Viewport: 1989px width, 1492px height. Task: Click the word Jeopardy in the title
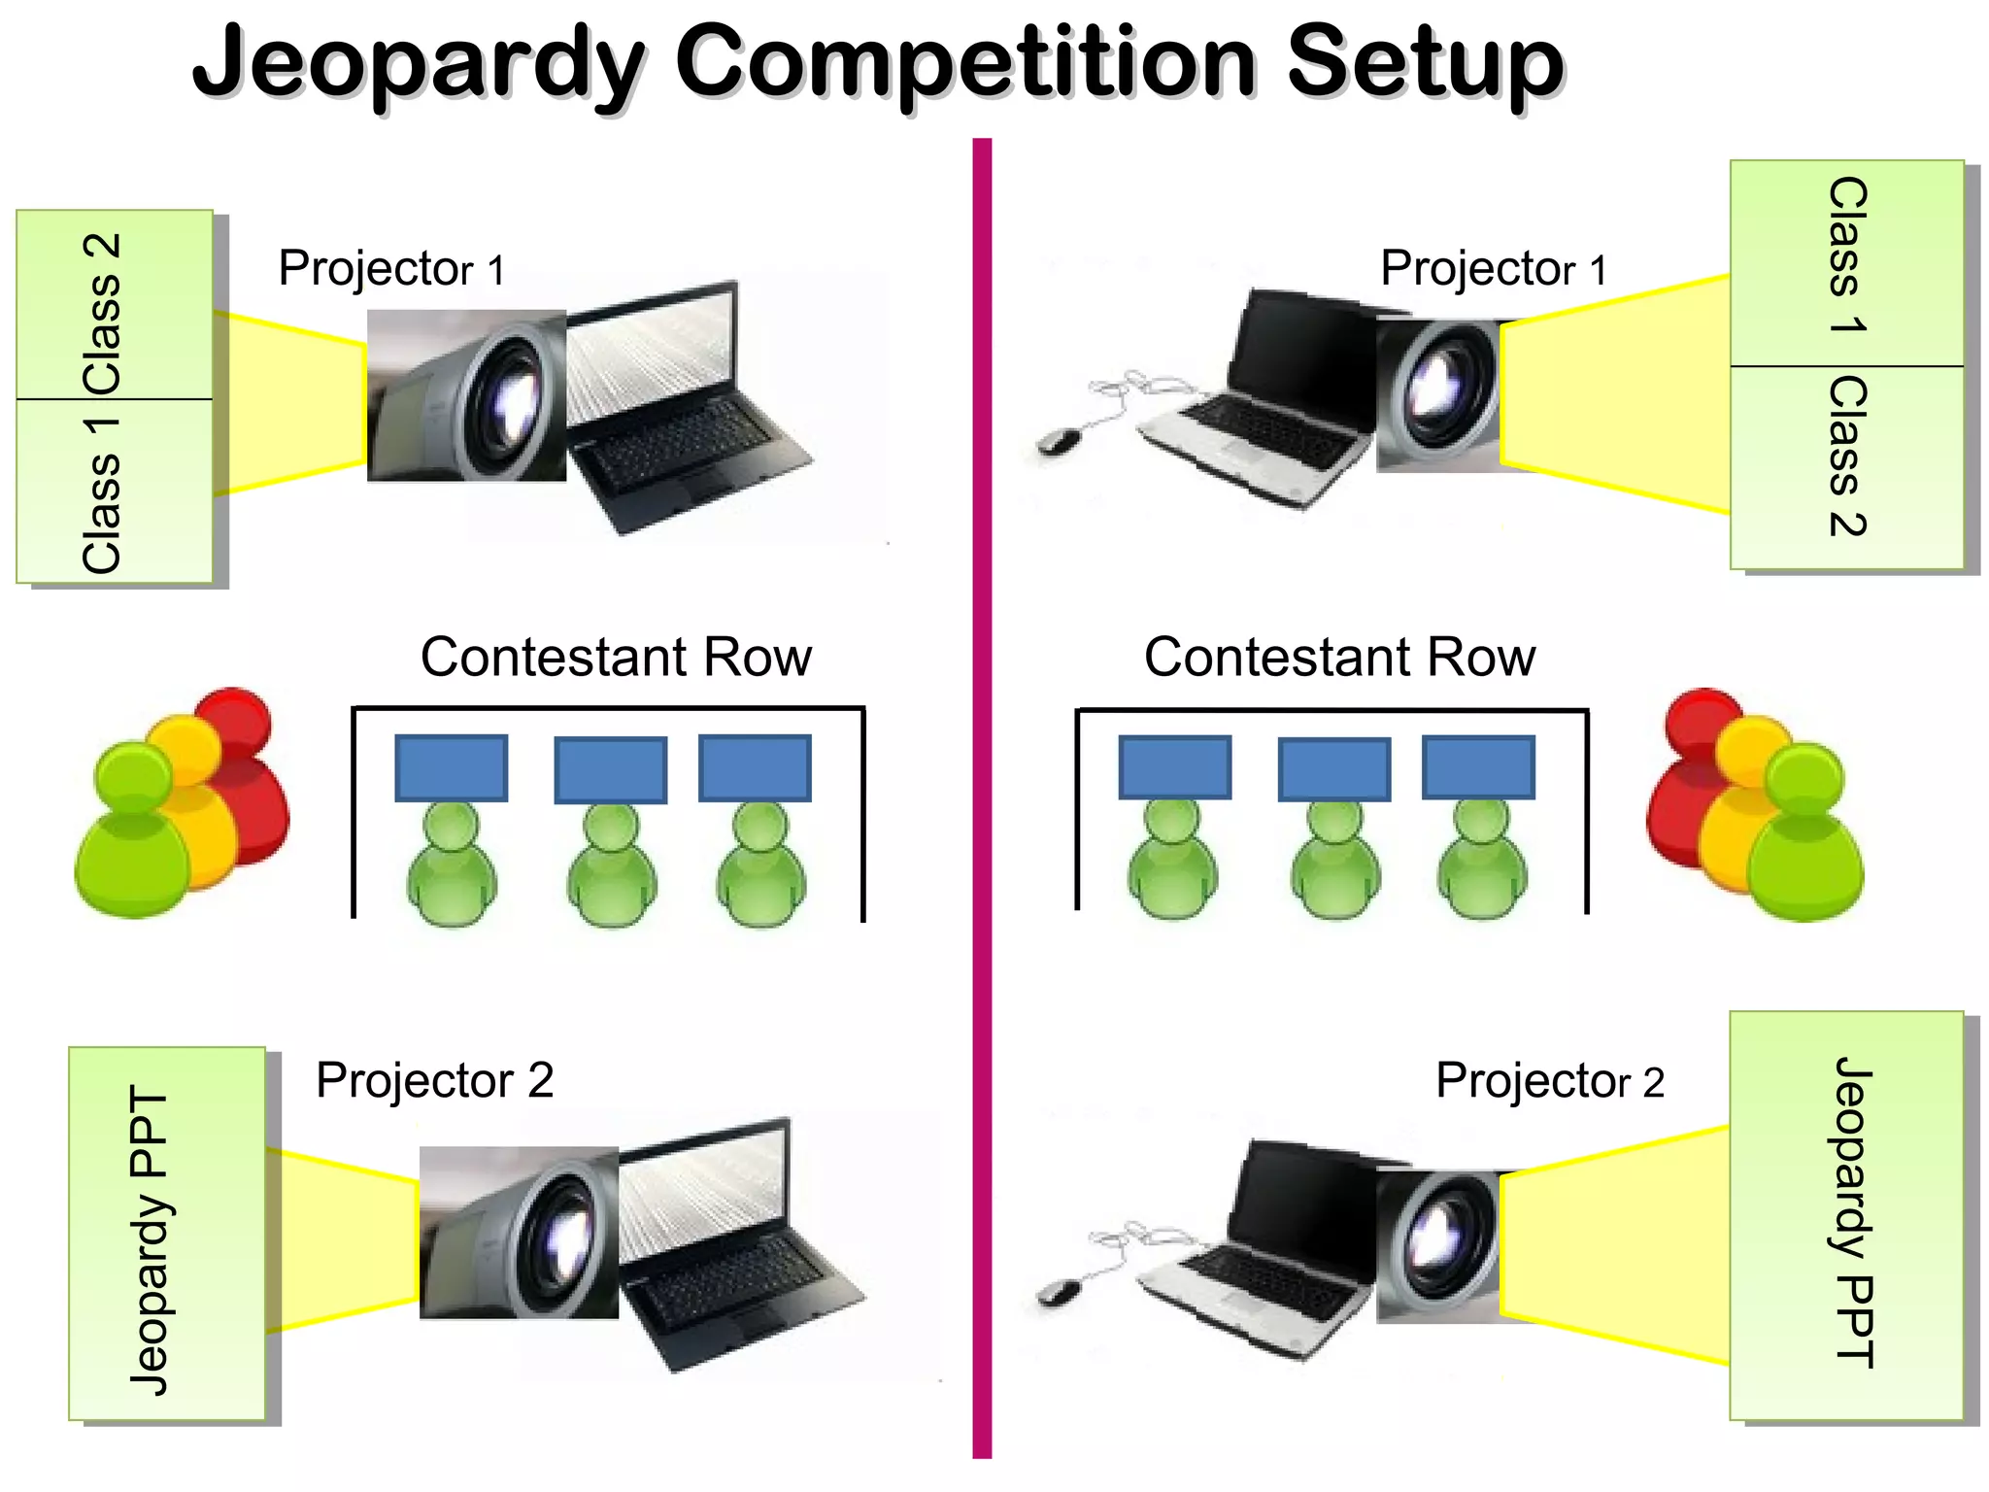coord(418,63)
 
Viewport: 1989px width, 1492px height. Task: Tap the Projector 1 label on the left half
coord(391,269)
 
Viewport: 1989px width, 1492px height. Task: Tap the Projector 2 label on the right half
coord(1549,1081)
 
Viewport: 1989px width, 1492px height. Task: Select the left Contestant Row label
coord(616,658)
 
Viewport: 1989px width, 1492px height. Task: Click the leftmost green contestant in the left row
coord(452,869)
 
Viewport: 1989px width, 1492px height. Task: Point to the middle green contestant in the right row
coord(1335,865)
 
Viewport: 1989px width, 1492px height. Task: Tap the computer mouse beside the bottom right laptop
coord(1059,1292)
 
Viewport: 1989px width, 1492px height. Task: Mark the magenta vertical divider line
coord(982,797)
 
